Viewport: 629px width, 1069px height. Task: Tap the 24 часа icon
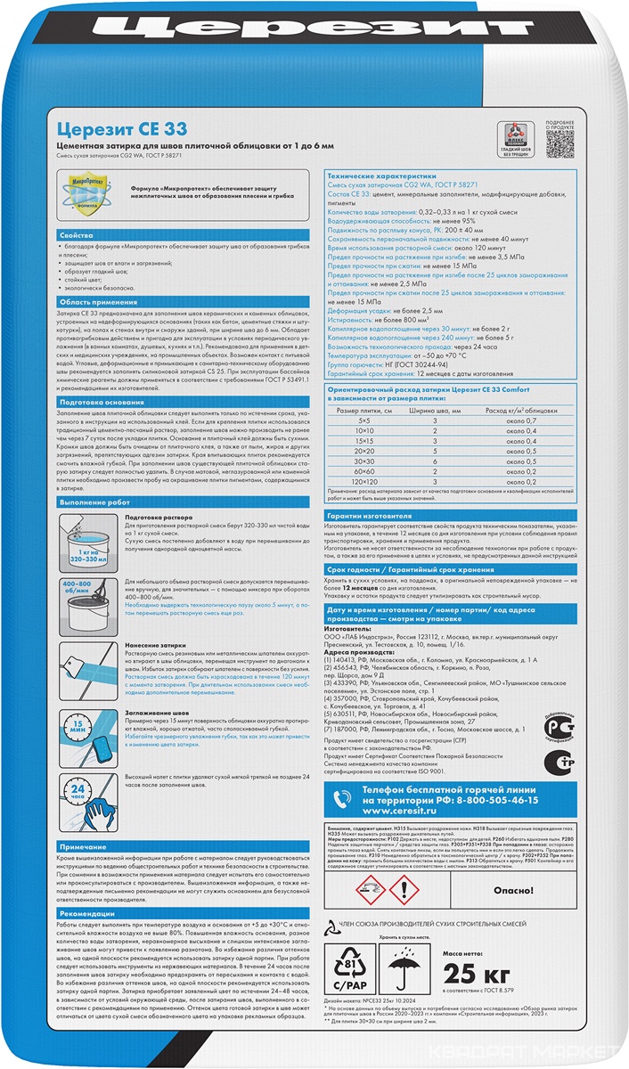pyautogui.click(x=82, y=790)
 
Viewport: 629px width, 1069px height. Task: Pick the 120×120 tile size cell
pyautogui.click(x=364, y=481)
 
